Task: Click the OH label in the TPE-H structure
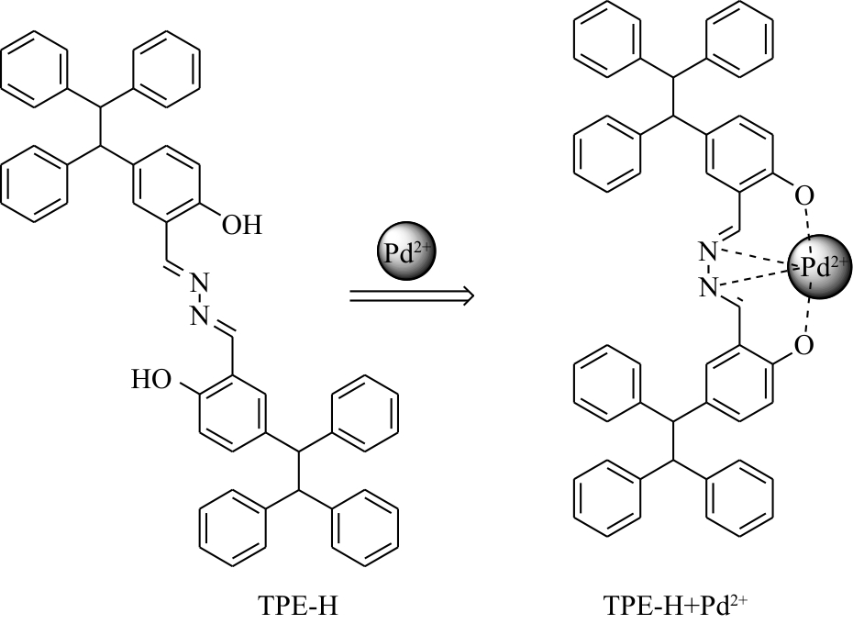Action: [x=240, y=225]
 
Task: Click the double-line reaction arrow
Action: [x=410, y=295]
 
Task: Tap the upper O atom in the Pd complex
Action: [x=804, y=195]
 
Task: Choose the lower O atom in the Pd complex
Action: [x=804, y=346]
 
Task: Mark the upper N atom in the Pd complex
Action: [x=707, y=250]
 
